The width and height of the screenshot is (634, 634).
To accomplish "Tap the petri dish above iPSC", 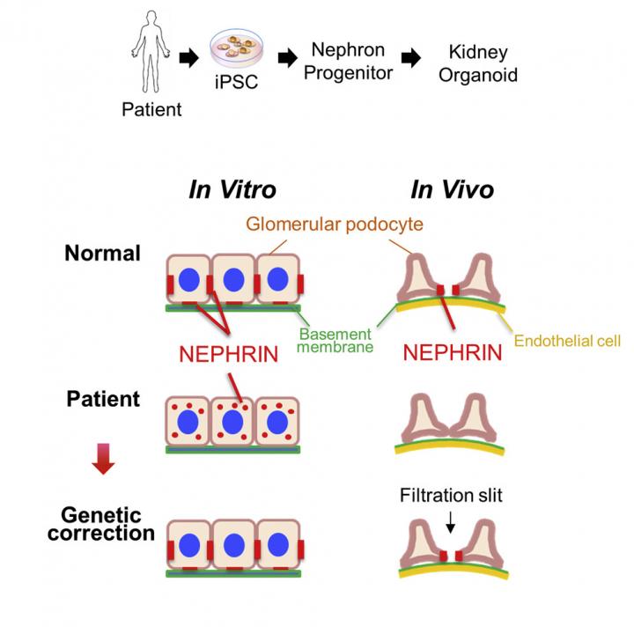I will (x=237, y=55).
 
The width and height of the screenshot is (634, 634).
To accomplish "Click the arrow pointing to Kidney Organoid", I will (x=411, y=58).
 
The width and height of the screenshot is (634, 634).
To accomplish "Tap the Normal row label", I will (x=102, y=254).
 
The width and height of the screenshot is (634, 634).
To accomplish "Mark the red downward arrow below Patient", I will (x=103, y=459).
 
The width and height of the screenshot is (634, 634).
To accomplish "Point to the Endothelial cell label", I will (x=566, y=340).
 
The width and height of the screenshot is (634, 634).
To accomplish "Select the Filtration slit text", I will (x=449, y=496).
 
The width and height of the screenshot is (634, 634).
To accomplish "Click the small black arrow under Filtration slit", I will (x=450, y=525).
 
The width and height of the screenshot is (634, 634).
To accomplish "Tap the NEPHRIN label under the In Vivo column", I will (x=453, y=354).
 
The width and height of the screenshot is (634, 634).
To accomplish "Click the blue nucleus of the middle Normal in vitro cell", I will (x=233, y=281).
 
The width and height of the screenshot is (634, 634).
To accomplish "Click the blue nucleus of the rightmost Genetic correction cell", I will (x=278, y=546).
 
